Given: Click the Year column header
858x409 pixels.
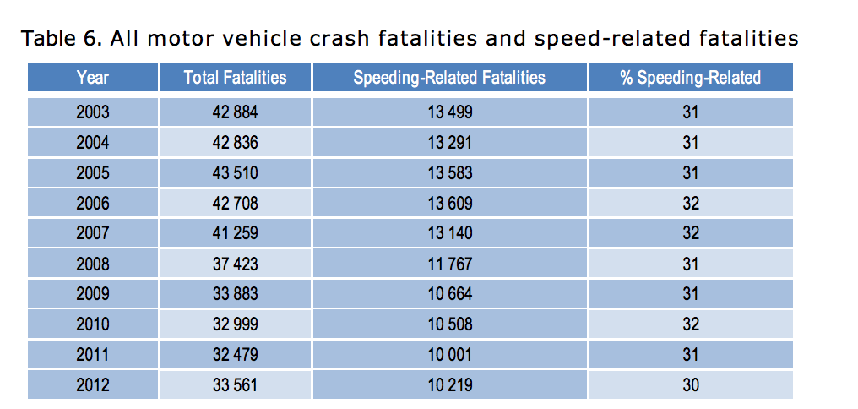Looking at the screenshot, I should click(x=93, y=78).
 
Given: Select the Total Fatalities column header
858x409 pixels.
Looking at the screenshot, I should click(x=235, y=78).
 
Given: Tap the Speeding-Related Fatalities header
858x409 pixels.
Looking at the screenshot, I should click(x=449, y=78).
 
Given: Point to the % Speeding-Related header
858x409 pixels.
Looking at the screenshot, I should click(x=690, y=78).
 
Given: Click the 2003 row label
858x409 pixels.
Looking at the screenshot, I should click(x=93, y=112).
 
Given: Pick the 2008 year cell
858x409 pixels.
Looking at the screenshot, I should click(x=93, y=264).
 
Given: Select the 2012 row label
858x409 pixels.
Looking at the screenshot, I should click(x=93, y=386).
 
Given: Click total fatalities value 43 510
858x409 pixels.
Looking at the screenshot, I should click(x=235, y=173).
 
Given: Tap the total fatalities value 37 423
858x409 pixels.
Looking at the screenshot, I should click(x=235, y=264).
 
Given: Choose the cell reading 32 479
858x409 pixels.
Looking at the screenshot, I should click(x=235, y=356).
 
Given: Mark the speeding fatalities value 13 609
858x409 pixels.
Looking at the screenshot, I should click(x=449, y=204).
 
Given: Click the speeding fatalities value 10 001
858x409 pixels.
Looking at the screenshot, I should click(x=449, y=356).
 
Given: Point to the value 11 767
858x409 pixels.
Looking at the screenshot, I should click(x=449, y=264).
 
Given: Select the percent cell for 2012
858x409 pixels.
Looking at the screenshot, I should click(x=690, y=386).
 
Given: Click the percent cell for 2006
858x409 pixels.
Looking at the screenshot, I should click(x=690, y=204).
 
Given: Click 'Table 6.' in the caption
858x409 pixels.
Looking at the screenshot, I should click(x=55, y=39).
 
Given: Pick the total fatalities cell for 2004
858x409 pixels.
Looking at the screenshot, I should click(x=235, y=143).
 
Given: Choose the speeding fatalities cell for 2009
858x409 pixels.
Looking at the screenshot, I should click(x=449, y=295).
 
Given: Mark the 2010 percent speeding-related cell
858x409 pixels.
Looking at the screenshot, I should click(x=690, y=325).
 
